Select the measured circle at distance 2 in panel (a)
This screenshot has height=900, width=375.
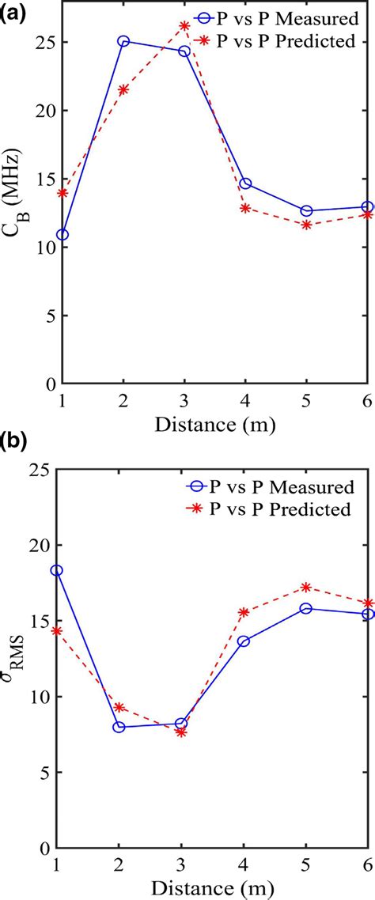[x=123, y=41]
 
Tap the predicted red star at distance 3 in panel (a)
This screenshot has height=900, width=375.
[x=184, y=25]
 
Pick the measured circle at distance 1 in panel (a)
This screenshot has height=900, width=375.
[x=62, y=235]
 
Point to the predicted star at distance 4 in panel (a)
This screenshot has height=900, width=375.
[x=245, y=208]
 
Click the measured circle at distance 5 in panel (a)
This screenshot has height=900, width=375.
[x=306, y=211]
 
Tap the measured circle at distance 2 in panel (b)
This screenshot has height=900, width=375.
[x=119, y=727]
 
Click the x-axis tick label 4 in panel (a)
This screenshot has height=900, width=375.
[x=245, y=400]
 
